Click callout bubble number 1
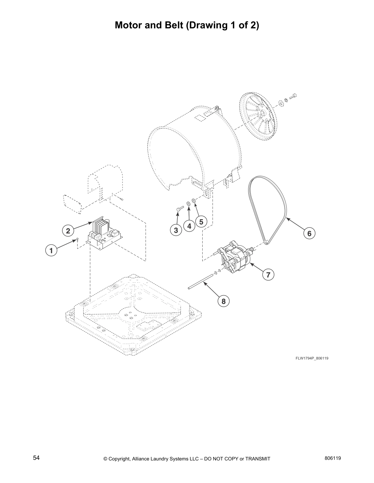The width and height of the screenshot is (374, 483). [x=51, y=251]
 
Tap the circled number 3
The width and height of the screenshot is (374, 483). [x=176, y=231]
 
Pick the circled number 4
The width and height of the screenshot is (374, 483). [x=189, y=226]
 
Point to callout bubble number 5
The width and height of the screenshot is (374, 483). [x=201, y=222]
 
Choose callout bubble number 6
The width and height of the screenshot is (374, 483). [x=309, y=233]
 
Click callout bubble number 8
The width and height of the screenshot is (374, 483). [x=223, y=301]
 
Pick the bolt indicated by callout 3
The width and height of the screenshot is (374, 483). [x=179, y=208]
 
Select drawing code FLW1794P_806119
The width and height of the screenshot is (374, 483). [x=312, y=358]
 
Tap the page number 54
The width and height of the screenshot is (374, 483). [x=36, y=458]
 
